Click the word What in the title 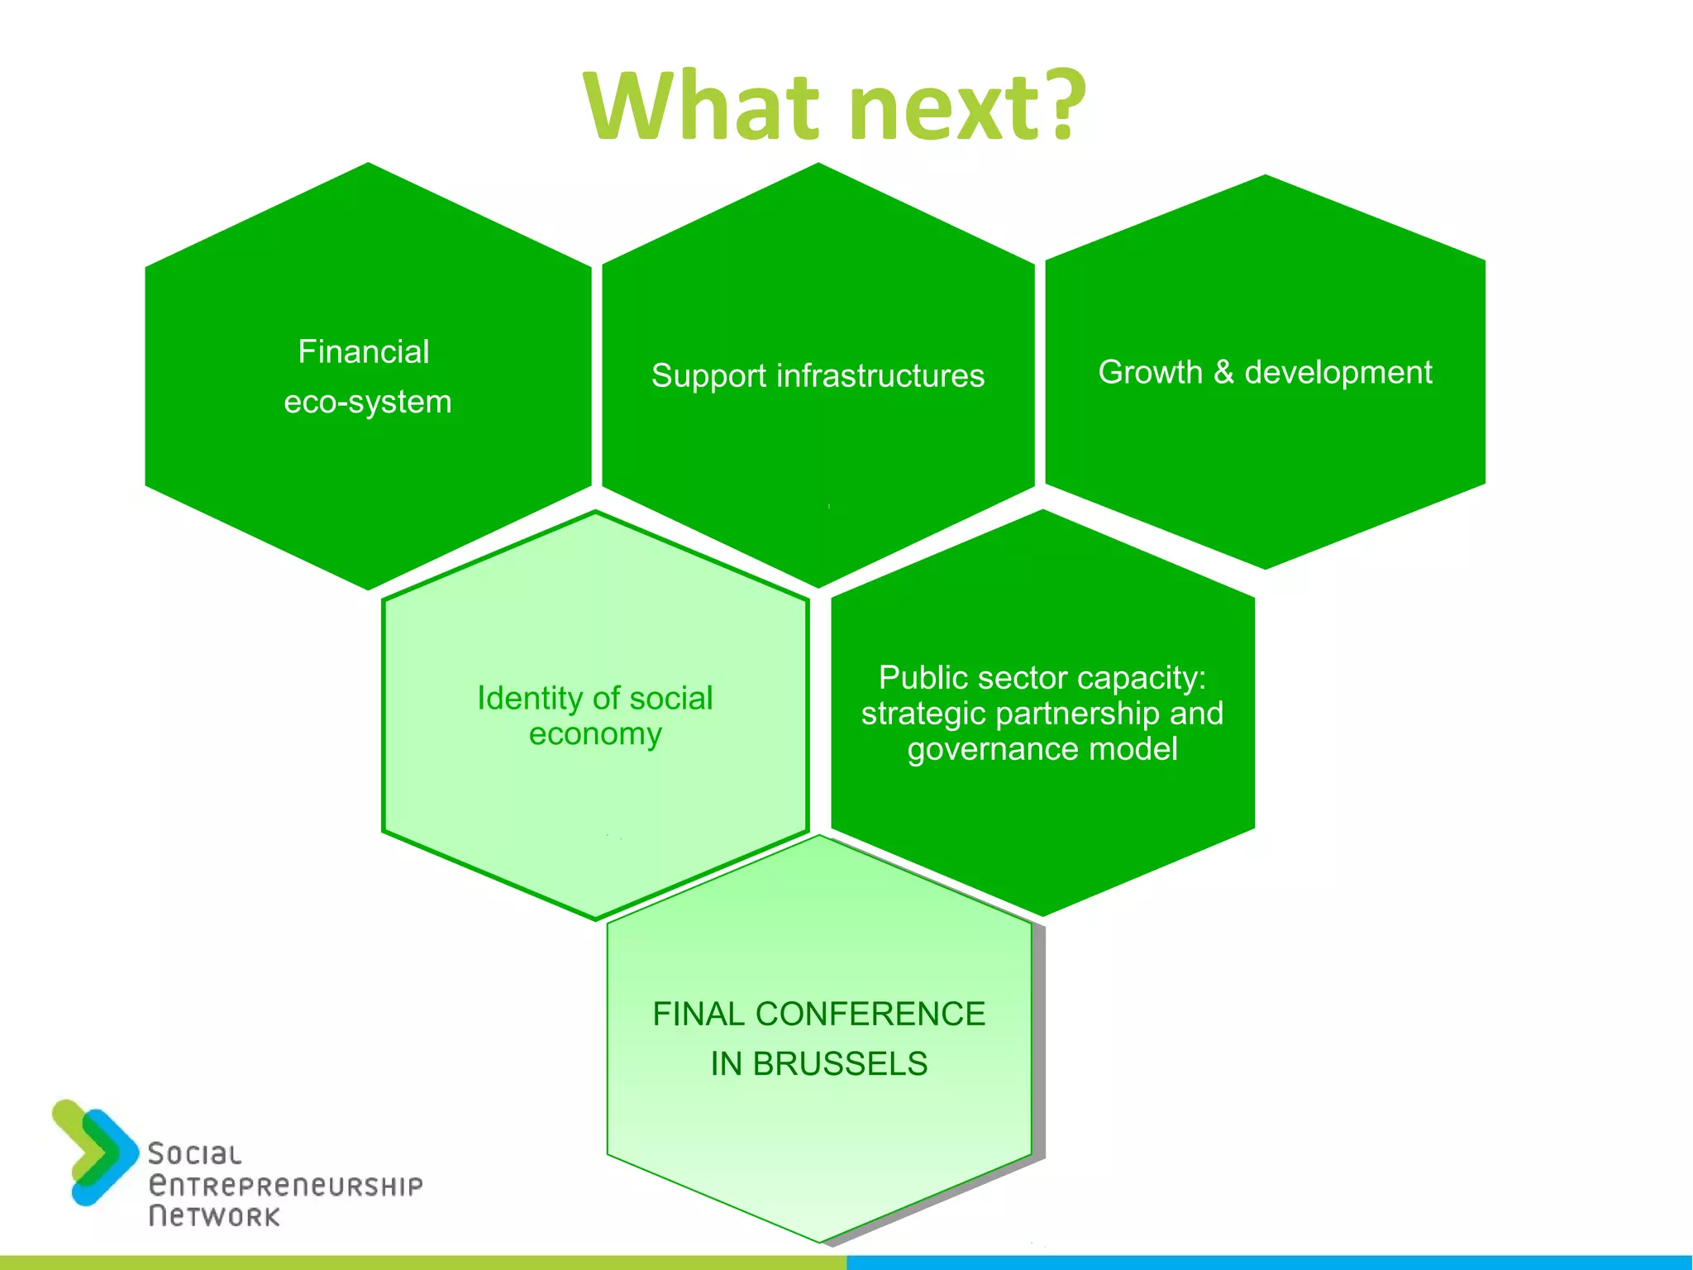pos(703,107)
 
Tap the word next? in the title pos(967,107)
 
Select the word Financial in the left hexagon pos(364,352)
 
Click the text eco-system pos(368,403)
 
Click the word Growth pos(1150,373)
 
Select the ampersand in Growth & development pos(1223,373)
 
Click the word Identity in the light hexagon pos(530,699)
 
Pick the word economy pos(595,734)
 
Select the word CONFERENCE pos(870,1015)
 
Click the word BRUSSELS pos(840,1064)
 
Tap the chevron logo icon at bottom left pos(93,1152)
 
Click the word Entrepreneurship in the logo pos(285,1186)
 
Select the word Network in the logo pos(214,1216)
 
